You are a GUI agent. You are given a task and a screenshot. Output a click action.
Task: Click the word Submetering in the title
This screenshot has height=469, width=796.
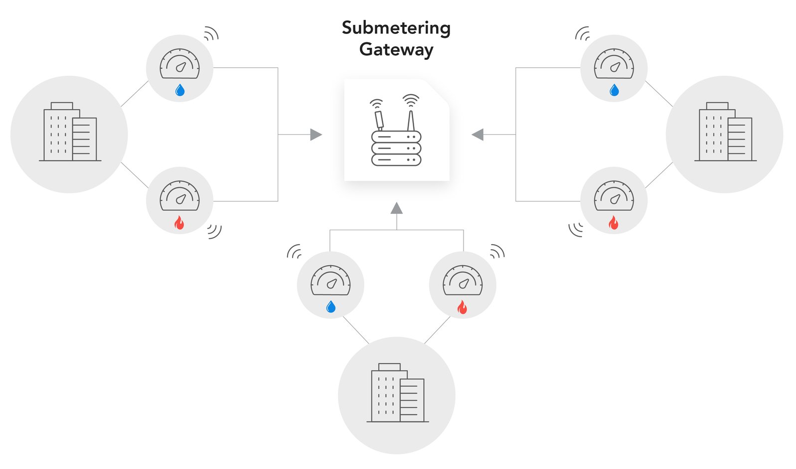396,28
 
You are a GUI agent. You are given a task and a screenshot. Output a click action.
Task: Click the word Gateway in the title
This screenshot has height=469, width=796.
396,49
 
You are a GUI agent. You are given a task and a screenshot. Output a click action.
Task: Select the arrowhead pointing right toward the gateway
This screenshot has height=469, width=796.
316,135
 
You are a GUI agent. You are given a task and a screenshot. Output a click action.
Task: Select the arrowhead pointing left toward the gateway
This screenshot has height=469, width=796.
478,135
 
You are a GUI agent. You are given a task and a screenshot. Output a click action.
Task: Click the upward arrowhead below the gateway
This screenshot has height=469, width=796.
396,208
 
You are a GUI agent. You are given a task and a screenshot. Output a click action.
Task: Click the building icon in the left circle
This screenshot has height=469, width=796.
70,133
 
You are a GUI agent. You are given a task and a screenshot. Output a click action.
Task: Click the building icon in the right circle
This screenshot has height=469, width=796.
725,133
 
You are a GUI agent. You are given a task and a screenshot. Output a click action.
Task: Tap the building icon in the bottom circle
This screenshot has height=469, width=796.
397,393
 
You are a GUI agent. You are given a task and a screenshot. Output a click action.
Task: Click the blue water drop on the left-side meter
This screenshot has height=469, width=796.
180,90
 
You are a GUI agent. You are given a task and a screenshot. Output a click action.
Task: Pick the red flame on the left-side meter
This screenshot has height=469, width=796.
179,223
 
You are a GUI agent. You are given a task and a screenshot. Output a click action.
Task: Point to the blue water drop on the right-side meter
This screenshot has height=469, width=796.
614,90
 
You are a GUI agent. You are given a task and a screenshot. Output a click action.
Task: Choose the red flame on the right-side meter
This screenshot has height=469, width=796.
614,223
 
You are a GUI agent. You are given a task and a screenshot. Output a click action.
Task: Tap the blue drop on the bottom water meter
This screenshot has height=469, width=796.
330,307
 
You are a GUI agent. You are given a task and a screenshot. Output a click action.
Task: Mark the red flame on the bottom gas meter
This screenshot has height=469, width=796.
462,307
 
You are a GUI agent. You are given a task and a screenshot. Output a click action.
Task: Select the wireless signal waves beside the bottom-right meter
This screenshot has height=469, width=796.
576,229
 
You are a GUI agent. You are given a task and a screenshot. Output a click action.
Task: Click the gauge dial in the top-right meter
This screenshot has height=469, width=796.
614,64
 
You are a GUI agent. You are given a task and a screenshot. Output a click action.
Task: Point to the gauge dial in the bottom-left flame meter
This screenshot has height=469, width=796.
179,196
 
